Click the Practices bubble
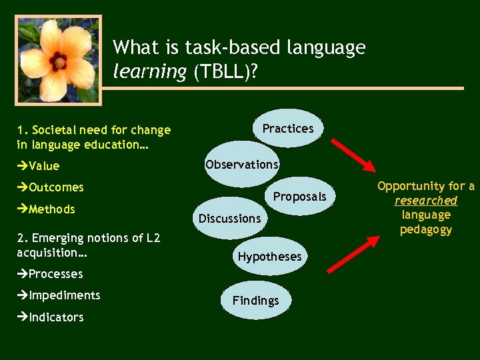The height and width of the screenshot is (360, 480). (x=288, y=128)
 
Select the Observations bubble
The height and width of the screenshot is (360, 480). (x=241, y=164)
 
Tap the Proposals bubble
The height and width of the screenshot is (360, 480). (x=300, y=196)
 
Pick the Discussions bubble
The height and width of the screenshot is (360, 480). (x=229, y=218)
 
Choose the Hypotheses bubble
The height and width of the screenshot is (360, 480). (x=269, y=256)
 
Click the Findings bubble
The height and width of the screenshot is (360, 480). (x=255, y=301)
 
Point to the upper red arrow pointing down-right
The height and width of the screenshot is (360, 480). (x=354, y=155)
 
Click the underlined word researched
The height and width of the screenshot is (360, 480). (x=426, y=201)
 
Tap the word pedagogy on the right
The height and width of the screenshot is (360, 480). (x=426, y=230)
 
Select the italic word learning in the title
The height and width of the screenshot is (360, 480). (x=150, y=72)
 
